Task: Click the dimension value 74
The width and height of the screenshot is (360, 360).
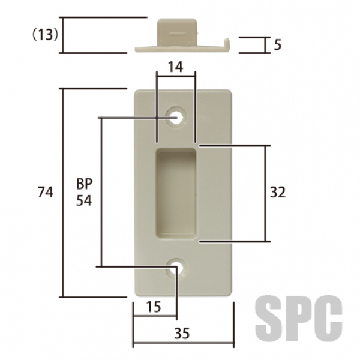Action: (46, 192)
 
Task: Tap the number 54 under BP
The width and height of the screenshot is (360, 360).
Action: (84, 200)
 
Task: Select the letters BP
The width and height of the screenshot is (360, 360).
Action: (84, 184)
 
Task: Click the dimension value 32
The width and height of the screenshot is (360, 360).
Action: (278, 193)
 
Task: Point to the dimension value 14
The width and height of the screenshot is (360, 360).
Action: (176, 67)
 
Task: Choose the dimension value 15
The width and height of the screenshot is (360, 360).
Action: (154, 307)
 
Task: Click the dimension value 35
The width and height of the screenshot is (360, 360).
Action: (182, 334)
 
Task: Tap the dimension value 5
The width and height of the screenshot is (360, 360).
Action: (278, 45)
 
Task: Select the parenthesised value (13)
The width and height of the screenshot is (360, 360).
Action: (46, 35)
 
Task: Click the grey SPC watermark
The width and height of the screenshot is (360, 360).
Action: (299, 318)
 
